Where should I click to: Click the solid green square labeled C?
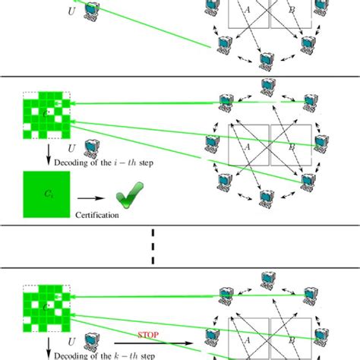pos(46,195)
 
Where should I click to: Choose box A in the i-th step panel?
pos(248,144)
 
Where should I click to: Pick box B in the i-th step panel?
pos(291,144)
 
